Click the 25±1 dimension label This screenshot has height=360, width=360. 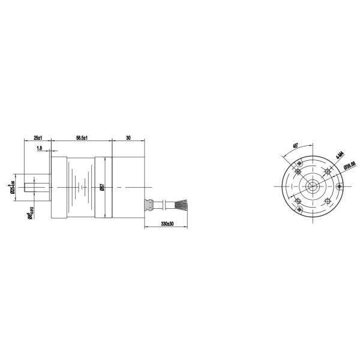(x=37, y=137)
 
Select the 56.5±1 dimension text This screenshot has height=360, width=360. (x=82, y=137)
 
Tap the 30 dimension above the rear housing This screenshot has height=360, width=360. (x=128, y=137)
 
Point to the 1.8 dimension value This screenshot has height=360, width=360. (x=39, y=148)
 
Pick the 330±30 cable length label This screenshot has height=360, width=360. (x=167, y=223)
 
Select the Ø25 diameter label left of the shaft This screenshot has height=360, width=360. (x=12, y=188)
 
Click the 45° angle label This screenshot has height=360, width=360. (x=295, y=146)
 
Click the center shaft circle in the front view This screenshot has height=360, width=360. (x=313, y=187)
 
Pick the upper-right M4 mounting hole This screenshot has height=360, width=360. (x=328, y=172)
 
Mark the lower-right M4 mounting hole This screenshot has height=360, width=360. (x=328, y=202)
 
